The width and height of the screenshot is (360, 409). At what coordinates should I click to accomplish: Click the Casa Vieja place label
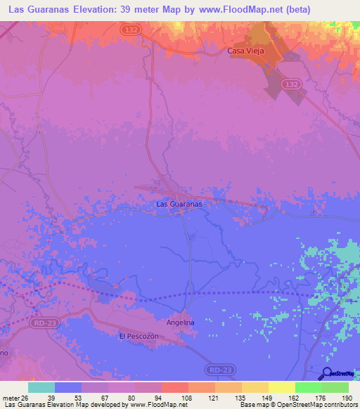click(245, 51)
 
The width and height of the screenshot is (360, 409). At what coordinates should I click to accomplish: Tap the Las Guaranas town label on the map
click(179, 204)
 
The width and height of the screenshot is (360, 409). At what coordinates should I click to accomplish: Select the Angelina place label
click(179, 323)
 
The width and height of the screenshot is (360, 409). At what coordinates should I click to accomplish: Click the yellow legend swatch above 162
click(281, 387)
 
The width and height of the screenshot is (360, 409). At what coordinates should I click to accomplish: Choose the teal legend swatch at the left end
click(41, 387)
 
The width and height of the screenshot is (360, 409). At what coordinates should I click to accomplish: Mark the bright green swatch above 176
click(308, 387)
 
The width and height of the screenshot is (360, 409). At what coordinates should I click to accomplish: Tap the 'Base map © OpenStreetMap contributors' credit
click(298, 405)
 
